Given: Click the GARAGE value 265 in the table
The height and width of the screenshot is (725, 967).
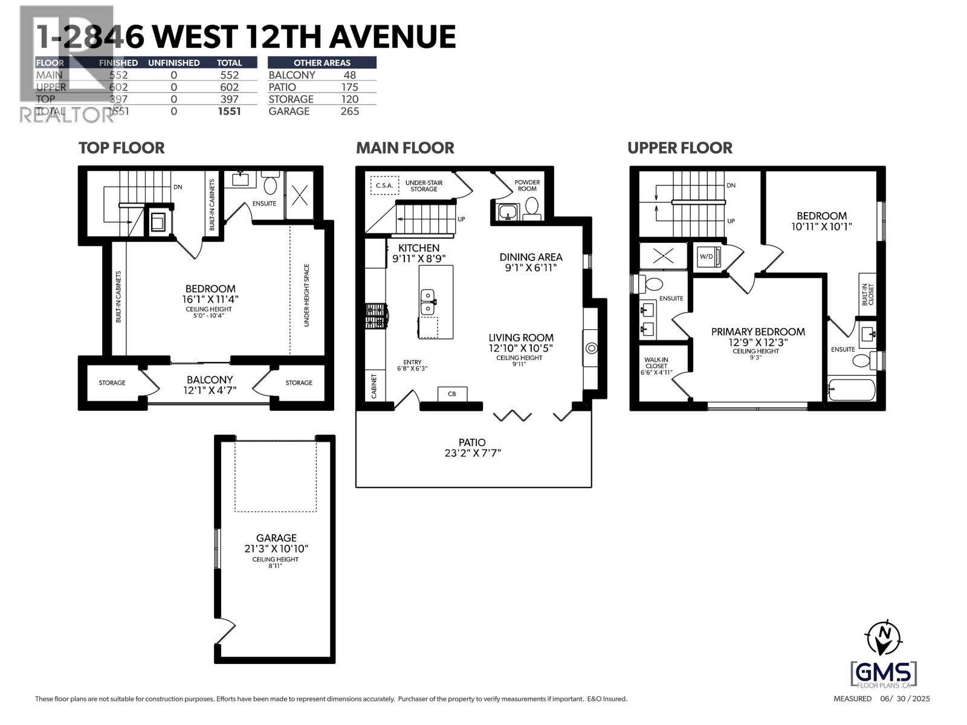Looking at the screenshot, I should coord(349,111).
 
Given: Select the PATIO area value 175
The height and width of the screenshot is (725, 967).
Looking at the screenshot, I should coord(349,87).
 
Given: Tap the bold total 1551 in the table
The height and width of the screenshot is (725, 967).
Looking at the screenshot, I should coord(229,111).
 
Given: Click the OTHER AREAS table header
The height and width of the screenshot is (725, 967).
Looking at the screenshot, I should coord(322,62).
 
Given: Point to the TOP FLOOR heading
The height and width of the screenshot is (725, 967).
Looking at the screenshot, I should coord(121,148).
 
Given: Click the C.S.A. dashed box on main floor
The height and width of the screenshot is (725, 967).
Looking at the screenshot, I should coord(384,185).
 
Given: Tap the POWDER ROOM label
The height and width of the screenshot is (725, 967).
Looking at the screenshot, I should coord(527,185).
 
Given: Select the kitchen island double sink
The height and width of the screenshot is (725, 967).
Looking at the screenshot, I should coord(428,301).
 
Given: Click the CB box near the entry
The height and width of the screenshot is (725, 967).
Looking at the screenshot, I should coord(451,394).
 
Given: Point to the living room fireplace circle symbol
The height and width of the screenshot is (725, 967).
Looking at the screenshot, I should coord(592,348).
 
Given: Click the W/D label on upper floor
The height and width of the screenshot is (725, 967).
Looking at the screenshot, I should coord(706,256).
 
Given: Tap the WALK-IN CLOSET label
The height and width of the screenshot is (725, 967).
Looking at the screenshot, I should coord(656,366).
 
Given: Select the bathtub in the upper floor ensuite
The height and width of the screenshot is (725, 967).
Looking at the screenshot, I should coord(851,390).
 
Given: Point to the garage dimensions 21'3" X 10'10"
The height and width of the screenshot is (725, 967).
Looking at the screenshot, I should coord(276,549).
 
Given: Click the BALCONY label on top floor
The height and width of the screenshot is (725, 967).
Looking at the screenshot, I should coord(210,379).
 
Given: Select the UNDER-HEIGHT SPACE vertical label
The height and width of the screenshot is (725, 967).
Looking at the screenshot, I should coord(306,295).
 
